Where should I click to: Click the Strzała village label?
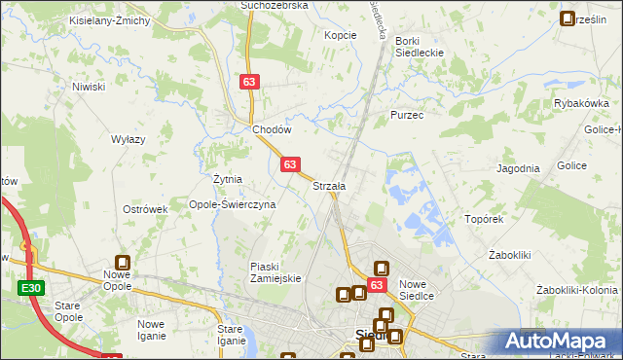coord(329,186)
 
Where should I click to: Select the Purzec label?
coord(406,114)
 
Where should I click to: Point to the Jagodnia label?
coord(518,168)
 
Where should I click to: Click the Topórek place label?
coord(484,220)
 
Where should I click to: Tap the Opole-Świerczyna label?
coord(233,205)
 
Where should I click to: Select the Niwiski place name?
coord(88,87)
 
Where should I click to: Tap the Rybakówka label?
coord(580,103)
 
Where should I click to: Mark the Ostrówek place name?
coord(145,209)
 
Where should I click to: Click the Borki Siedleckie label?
coord(421,47)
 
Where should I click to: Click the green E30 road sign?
coord(30,288)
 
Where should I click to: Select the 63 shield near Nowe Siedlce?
coord(379,285)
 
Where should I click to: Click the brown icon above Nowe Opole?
coord(124,262)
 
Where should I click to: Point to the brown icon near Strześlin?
coord(568,18)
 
